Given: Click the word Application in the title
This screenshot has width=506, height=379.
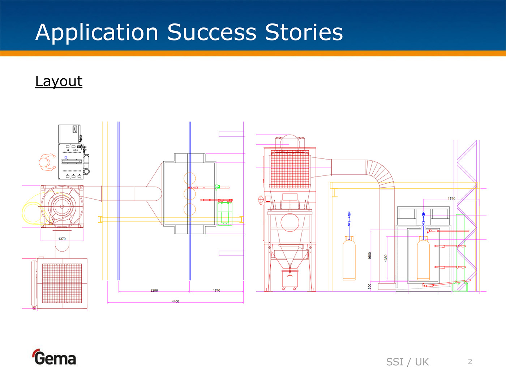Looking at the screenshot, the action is [x=97, y=33].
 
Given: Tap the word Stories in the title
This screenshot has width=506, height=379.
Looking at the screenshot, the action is [x=304, y=32].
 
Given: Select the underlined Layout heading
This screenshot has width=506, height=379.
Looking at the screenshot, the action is [x=59, y=82].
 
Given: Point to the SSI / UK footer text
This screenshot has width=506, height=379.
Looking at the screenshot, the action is [x=407, y=362].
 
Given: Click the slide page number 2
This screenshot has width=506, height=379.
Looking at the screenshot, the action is [x=470, y=362].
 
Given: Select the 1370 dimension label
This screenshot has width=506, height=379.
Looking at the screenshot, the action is [x=62, y=239].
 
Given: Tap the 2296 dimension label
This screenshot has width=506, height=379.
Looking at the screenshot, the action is [x=154, y=291].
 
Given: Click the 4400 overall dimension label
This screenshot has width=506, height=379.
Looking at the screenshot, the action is [x=175, y=301].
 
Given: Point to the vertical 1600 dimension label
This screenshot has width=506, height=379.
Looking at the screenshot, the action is [x=370, y=256].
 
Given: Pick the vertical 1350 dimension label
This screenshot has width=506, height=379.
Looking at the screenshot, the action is [x=386, y=258].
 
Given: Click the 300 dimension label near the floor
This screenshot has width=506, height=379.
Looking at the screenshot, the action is [x=370, y=286].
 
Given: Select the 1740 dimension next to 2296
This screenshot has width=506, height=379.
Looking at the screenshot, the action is [x=216, y=291].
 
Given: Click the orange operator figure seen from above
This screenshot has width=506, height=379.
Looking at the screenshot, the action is [x=47, y=162].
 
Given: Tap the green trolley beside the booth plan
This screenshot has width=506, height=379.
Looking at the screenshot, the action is [x=225, y=214].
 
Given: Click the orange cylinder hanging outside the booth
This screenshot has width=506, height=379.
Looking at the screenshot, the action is [x=349, y=259].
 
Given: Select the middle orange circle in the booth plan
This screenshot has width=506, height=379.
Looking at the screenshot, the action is [x=190, y=194].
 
